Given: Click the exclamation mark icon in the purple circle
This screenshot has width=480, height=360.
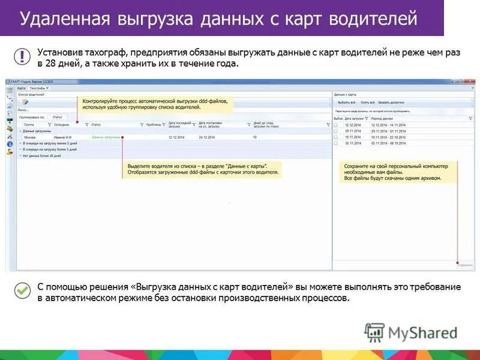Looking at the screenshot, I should point(23,56).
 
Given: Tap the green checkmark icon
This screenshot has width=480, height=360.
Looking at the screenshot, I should point(23,290).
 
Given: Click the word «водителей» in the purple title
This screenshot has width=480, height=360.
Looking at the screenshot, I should point(376,19).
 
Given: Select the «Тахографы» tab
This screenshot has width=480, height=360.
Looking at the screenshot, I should point(39,88).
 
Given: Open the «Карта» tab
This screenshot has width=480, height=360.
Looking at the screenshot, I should point(22,88).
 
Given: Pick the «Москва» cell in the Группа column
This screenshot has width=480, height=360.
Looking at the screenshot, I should point(29,137).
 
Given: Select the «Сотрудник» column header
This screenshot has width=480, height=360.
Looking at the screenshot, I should point(62,125).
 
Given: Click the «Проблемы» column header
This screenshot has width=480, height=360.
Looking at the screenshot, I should point(154,125).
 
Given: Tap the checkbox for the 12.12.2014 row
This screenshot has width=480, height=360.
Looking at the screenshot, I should point(336,125).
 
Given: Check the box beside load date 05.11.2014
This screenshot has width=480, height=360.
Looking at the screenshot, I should point(336,143).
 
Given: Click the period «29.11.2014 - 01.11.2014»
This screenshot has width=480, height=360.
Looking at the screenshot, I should point(389,131).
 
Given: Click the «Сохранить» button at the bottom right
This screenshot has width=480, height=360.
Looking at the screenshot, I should point(465,264).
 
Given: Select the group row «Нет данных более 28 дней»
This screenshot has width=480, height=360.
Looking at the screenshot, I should point(42,155).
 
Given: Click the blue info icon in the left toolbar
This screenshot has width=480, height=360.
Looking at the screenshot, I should point(10,144).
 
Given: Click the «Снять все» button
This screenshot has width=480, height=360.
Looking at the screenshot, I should point(368,103).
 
